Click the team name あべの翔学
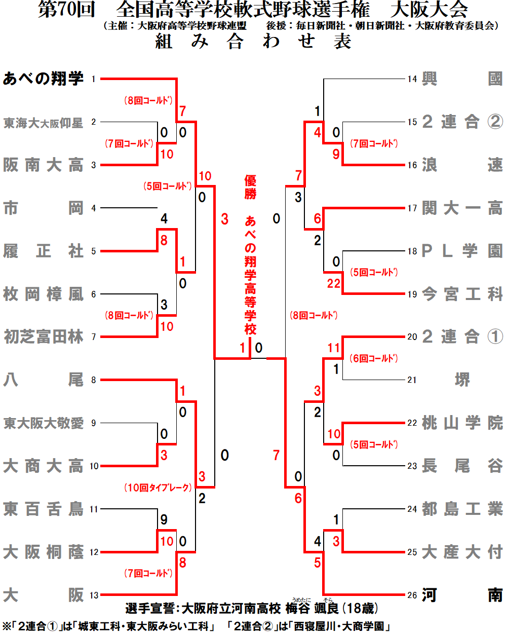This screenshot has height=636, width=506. [x=43, y=79]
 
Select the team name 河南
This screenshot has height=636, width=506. [x=462, y=595]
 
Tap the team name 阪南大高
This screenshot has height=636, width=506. [x=43, y=165]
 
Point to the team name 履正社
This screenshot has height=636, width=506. [x=43, y=251]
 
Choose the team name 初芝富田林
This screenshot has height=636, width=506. [x=43, y=336]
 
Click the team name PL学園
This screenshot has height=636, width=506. [x=462, y=251]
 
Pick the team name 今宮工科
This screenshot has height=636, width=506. [x=462, y=294]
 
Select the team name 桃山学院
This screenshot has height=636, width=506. [x=462, y=423]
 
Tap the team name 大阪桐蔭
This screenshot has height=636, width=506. [x=43, y=552]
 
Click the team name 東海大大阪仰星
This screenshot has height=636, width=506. [x=43, y=123]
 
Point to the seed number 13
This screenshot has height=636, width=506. [x=94, y=595]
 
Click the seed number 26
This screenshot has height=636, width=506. [x=412, y=595]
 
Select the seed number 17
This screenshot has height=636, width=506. [x=412, y=208]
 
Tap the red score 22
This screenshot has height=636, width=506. [x=334, y=283]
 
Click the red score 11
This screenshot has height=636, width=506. [x=334, y=348]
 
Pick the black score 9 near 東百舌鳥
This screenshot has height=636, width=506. [x=164, y=519]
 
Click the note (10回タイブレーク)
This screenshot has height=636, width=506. [x=159, y=488]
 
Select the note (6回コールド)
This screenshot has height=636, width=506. [x=374, y=358]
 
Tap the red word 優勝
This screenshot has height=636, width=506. [x=250, y=187]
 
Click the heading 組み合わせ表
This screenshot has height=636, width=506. [x=253, y=42]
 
